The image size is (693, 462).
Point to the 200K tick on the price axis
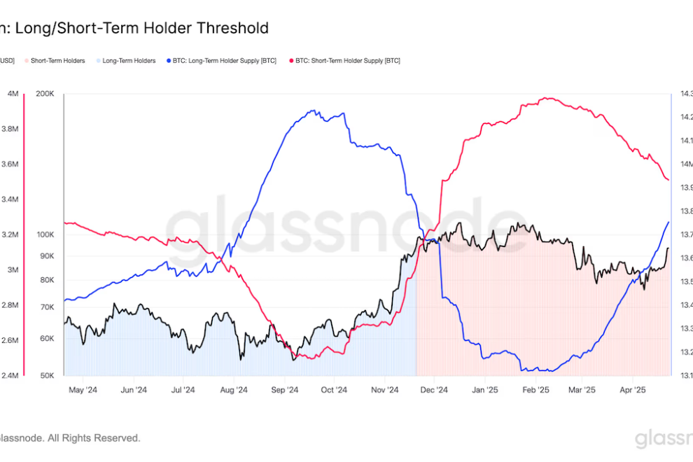[x=45, y=94]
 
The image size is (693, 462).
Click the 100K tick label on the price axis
[x=45, y=234]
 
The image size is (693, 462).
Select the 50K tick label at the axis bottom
[x=46, y=376]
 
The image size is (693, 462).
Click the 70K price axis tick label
[x=46, y=307]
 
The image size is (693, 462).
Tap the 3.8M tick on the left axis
[x=10, y=129]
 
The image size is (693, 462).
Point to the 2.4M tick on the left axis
[x=10, y=376]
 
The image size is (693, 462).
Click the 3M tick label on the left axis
[x=13, y=269]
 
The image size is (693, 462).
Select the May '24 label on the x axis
[x=83, y=390]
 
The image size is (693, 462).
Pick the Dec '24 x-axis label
[x=433, y=390]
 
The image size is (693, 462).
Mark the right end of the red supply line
[x=668, y=180]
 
